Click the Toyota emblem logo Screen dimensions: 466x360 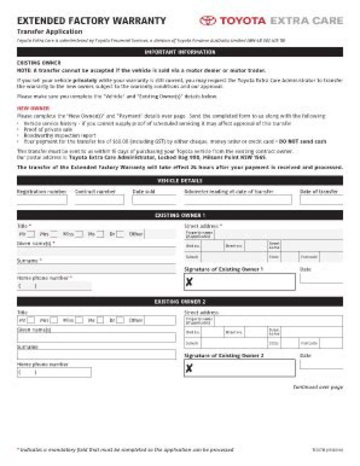pos(207,20)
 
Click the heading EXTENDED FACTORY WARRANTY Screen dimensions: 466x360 pos(91,20)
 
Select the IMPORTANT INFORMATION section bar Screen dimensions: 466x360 pos(180,52)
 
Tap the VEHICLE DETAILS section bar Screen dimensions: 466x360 pos(180,180)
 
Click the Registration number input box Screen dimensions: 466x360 pos(42,200)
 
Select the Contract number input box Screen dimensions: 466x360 pos(99,200)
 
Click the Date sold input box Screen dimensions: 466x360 pos(154,200)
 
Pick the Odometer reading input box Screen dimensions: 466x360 pos(237,200)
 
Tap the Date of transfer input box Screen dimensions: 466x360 pos(328,200)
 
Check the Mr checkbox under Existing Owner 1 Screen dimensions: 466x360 pos(31,234)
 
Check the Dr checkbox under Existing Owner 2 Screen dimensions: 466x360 pos(120,320)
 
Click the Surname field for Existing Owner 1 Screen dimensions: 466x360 pos(96,269)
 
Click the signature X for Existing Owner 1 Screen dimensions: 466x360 pos(189,283)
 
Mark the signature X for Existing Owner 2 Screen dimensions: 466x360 pos(189,369)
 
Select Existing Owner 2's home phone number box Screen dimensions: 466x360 pos(54,372)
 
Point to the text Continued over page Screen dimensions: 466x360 pos(318,387)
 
